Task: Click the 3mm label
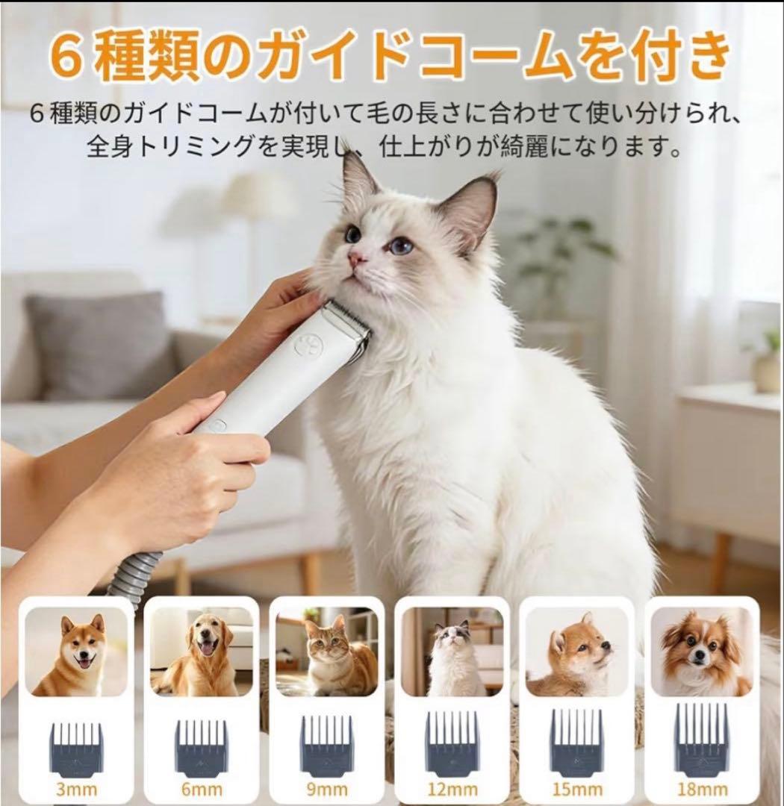(x=77, y=790)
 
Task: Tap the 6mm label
(x=202, y=790)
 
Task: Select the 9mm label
(x=326, y=790)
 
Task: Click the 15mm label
(x=576, y=790)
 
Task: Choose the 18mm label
(x=702, y=790)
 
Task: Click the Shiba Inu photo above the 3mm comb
(x=76, y=651)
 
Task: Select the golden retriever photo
(x=202, y=651)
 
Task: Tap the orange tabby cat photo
(x=326, y=651)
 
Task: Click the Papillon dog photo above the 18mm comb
(x=701, y=651)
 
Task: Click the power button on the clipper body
(x=217, y=426)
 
